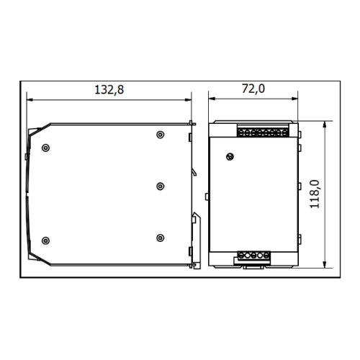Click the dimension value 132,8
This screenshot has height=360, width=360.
tap(109, 90)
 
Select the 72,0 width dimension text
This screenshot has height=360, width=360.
tap(253, 89)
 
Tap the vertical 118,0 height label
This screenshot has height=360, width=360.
tap(315, 194)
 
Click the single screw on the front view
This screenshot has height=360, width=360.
tap(230, 157)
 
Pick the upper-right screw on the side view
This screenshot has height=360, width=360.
tap(161, 135)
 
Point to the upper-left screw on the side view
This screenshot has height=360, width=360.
tap(45, 148)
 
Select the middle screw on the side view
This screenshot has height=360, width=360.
tap(161, 186)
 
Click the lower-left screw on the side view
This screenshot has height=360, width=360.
tap(45, 240)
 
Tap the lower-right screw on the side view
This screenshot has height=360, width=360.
tap(161, 238)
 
